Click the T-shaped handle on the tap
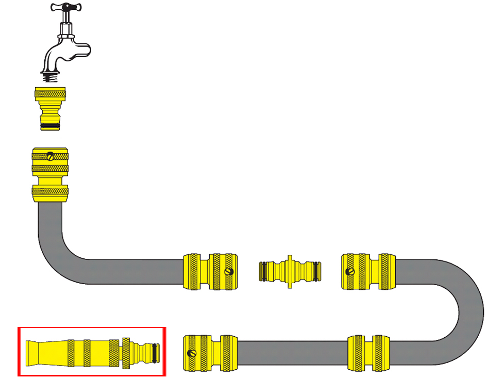tap(65, 8)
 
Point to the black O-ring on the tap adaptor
tap(51, 125)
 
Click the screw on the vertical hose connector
tap(50, 156)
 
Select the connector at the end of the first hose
tap(211, 271)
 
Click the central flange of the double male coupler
tap(290, 270)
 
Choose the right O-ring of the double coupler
tap(318, 270)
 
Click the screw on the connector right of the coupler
tap(350, 271)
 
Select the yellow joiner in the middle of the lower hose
tap(367, 353)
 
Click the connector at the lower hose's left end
tap(211, 353)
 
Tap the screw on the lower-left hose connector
tap(192, 353)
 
